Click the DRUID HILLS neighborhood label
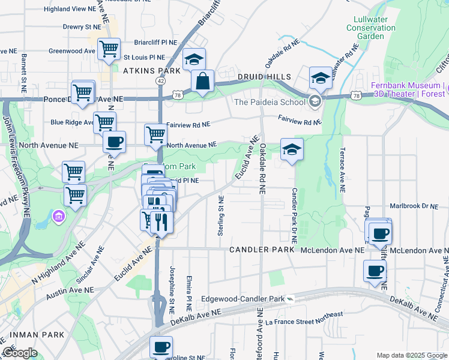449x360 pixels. click(x=264, y=77)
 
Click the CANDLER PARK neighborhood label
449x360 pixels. click(x=261, y=249)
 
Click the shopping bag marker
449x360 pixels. click(x=203, y=80)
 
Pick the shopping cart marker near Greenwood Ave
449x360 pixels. click(x=109, y=49)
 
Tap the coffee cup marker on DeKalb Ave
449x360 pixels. click(x=375, y=271)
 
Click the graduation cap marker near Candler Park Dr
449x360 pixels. click(x=292, y=149)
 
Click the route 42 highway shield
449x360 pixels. click(x=160, y=80)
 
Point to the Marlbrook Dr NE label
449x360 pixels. click(x=415, y=206)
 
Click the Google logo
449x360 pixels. click(x=20, y=353)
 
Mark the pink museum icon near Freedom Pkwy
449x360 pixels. click(x=58, y=215)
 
